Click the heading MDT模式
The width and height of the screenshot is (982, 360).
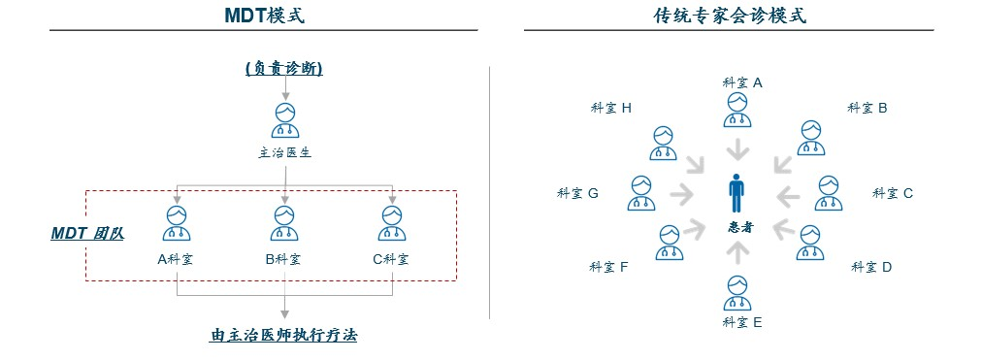(x=263, y=16)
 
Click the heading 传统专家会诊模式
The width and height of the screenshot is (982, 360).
(x=730, y=16)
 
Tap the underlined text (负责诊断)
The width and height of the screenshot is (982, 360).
(x=283, y=69)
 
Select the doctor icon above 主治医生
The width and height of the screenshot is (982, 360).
(x=284, y=121)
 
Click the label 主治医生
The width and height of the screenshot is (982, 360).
(x=284, y=152)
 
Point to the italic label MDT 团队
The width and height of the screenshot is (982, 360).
(x=87, y=234)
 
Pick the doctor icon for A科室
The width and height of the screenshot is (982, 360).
(x=177, y=223)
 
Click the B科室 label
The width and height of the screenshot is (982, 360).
(x=283, y=259)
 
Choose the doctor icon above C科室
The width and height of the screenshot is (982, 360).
(x=391, y=223)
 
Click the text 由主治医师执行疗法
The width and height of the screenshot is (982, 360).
(x=284, y=336)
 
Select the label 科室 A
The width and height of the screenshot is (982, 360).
(x=742, y=82)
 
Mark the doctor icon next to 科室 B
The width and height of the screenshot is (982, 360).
(x=811, y=138)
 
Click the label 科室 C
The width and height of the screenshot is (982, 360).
(x=893, y=193)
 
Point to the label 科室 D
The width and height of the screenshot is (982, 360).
(x=871, y=266)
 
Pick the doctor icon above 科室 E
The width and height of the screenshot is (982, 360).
(x=738, y=293)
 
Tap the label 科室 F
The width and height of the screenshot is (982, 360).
(x=609, y=266)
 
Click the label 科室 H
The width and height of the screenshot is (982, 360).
(x=611, y=108)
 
